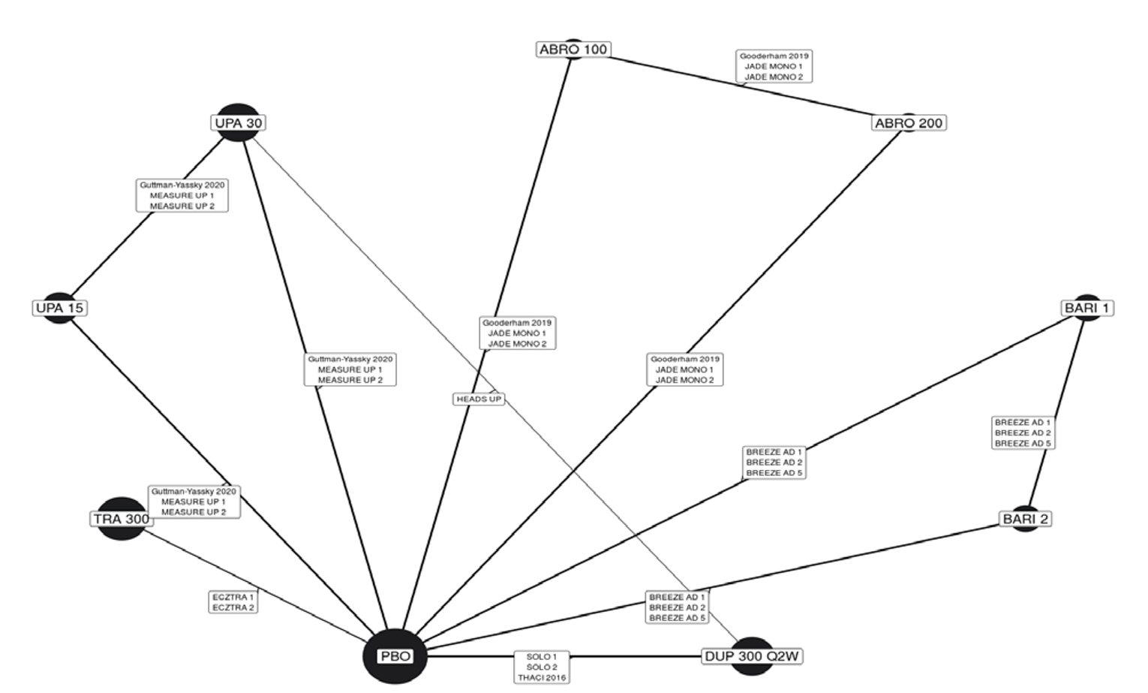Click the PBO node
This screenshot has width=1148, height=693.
point(395,656)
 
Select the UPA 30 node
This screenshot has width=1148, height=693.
point(239,122)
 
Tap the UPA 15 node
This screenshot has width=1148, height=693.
point(60,308)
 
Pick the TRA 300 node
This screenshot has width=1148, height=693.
point(121,519)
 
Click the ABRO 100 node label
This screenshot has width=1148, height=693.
point(573,50)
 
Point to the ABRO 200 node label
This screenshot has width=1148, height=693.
point(909,123)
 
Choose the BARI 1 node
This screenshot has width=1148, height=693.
point(1087,308)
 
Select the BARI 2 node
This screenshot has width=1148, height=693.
point(1026,519)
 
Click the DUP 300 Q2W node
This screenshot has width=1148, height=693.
point(752,656)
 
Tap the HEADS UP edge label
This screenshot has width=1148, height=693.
point(479,399)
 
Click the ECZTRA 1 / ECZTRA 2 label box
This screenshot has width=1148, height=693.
point(233,602)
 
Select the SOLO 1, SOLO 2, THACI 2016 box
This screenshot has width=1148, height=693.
point(542,667)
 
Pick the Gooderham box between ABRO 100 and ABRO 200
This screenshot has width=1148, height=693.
point(774,66)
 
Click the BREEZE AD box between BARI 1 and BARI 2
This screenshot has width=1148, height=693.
point(1023,433)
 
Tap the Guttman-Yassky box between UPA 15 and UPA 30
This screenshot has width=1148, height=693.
point(182,195)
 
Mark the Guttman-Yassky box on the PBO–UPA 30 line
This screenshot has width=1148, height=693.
point(350,369)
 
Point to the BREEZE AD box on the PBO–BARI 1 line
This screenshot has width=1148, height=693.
point(774,463)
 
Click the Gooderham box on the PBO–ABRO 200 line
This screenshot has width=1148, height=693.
point(684,369)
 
